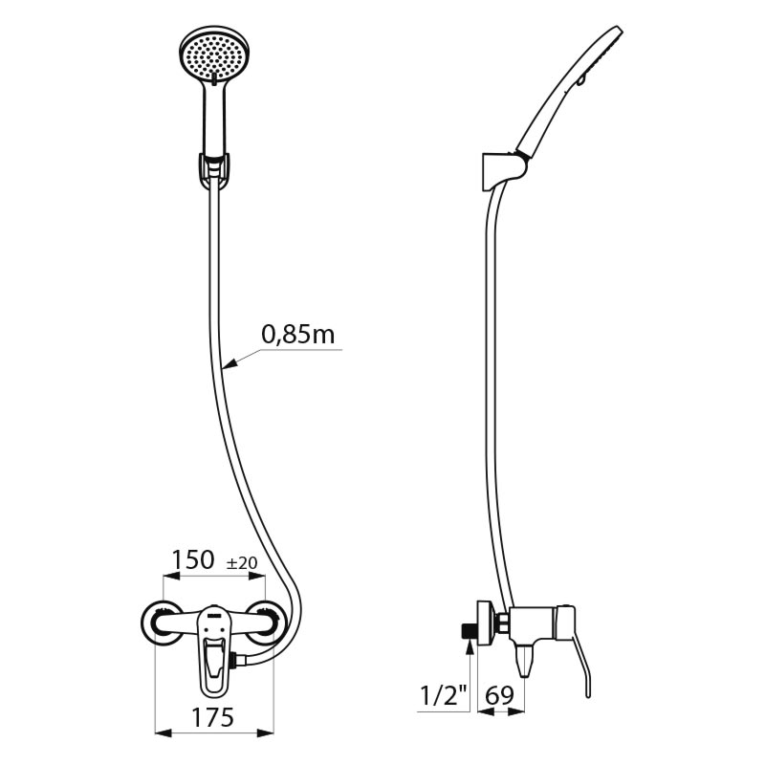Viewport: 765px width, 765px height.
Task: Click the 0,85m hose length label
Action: [x=298, y=335]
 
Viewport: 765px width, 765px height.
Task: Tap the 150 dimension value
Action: [x=193, y=559]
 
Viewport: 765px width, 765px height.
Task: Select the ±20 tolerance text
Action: [x=242, y=563]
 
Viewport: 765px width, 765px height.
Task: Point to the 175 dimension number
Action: [x=212, y=717]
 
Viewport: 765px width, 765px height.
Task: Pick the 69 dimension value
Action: [x=499, y=695]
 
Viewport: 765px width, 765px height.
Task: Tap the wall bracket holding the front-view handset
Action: [x=214, y=170]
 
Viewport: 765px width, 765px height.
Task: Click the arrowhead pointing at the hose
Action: [x=229, y=363]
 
